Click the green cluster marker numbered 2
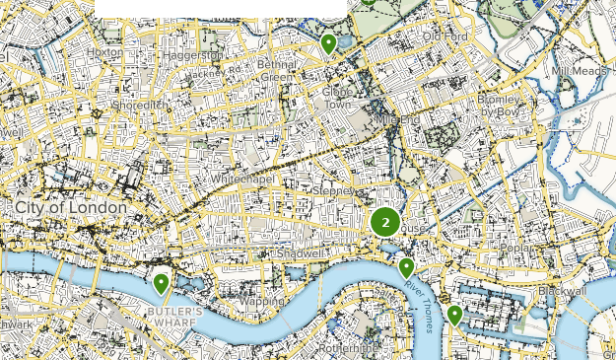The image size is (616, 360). click(x=385, y=222)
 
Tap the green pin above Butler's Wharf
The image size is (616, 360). click(x=161, y=284)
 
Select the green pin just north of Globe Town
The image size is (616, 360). click(x=329, y=44)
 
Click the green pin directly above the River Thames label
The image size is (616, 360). click(x=406, y=267)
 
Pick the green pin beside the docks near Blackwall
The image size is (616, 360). click(x=454, y=315)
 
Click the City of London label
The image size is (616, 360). click(x=70, y=208)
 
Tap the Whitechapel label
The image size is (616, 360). click(x=242, y=180)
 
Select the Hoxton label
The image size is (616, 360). click(x=104, y=52)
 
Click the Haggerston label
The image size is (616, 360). click(x=195, y=55)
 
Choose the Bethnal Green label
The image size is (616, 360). click(x=277, y=71)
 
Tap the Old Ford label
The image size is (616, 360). click(x=444, y=37)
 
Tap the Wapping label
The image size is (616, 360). click(x=260, y=301)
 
